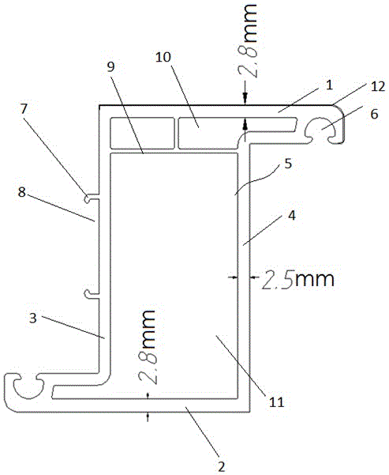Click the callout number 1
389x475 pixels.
point(329,85)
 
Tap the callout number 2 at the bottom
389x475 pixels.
point(222,466)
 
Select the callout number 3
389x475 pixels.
point(33,318)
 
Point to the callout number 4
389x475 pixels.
point(292,216)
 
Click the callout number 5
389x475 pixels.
point(288,164)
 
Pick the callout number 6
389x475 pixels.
point(374,114)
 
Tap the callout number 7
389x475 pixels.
point(24,109)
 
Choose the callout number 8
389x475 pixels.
point(21,192)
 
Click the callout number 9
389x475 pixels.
point(111,67)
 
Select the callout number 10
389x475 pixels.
point(163,57)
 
